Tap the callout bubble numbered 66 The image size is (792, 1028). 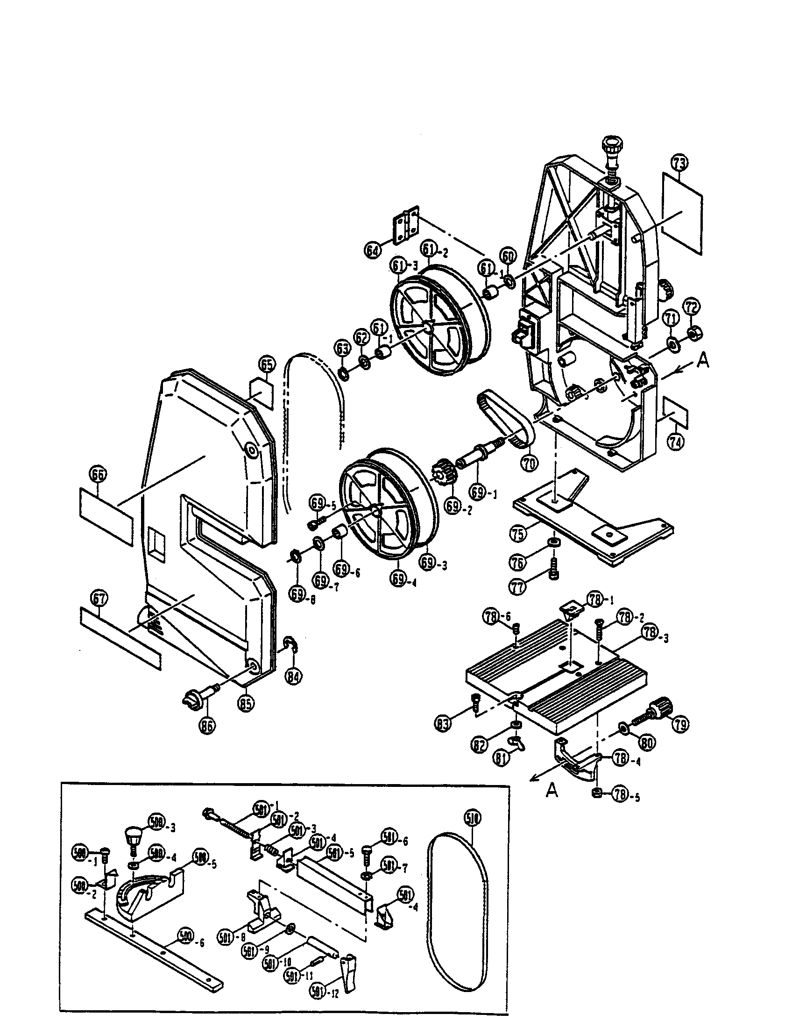tap(98, 475)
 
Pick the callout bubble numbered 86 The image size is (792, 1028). tap(207, 725)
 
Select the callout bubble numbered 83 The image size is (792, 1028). tap(444, 722)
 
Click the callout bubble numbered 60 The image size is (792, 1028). tap(508, 257)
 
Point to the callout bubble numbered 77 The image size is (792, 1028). tap(517, 588)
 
